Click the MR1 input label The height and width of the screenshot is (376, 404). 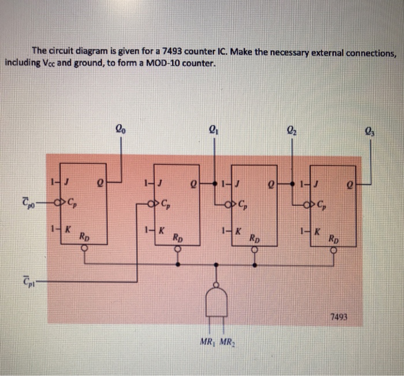(207, 341)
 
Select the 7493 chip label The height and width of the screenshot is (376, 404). (339, 316)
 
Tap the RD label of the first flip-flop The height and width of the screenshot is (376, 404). (84, 237)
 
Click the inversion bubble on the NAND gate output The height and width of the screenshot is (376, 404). (216, 285)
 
